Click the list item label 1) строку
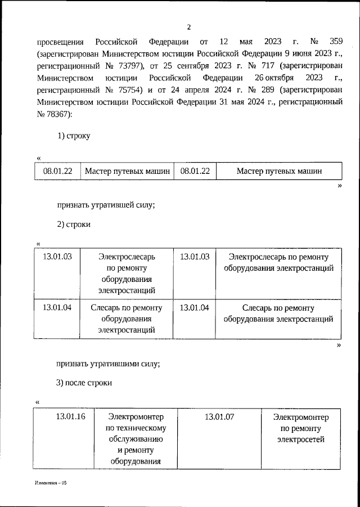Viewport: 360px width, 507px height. click(x=74, y=136)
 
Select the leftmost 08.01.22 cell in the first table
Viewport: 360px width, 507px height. click(x=57, y=172)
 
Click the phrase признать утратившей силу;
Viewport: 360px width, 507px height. click(x=106, y=204)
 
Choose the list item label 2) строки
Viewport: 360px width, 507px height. click(x=74, y=224)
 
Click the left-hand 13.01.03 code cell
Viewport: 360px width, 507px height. click(x=57, y=257)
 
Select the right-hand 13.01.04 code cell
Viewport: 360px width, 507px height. click(x=195, y=308)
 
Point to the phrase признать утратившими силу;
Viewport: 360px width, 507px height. click(x=109, y=363)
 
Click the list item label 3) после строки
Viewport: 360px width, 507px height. click(x=84, y=383)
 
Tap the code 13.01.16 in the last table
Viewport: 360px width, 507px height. click(x=70, y=417)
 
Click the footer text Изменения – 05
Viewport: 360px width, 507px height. click(x=51, y=483)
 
